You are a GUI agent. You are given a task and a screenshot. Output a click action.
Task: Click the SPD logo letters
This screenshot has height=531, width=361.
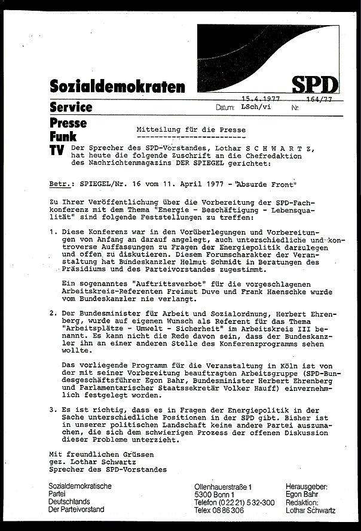[315, 84]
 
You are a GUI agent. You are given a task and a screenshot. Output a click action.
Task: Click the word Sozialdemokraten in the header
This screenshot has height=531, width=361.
[118, 87]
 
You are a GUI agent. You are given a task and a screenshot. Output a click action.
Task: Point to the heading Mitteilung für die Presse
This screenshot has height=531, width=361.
[191, 129]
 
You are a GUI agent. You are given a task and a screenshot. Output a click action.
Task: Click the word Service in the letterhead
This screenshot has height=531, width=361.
[71, 107]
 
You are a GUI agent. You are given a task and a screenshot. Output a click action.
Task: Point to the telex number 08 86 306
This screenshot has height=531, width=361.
[231, 510]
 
